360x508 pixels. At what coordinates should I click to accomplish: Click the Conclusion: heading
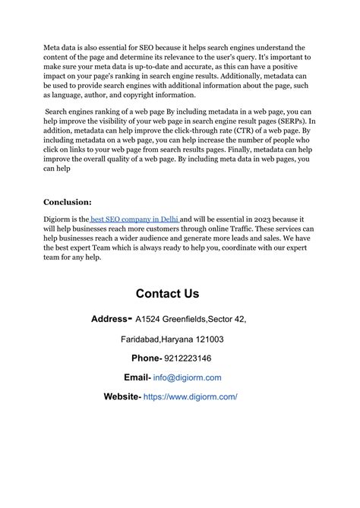(x=68, y=202)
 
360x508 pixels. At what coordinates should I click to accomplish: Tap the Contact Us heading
(x=167, y=293)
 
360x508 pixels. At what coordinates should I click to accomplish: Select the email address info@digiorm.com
(x=187, y=377)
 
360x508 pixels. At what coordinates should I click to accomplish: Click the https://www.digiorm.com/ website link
(x=190, y=396)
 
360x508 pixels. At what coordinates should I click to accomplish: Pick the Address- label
(x=111, y=319)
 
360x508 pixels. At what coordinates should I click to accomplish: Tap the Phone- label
(x=147, y=358)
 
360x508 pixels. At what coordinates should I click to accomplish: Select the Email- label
(x=137, y=377)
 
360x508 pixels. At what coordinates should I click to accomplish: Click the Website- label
(x=122, y=396)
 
